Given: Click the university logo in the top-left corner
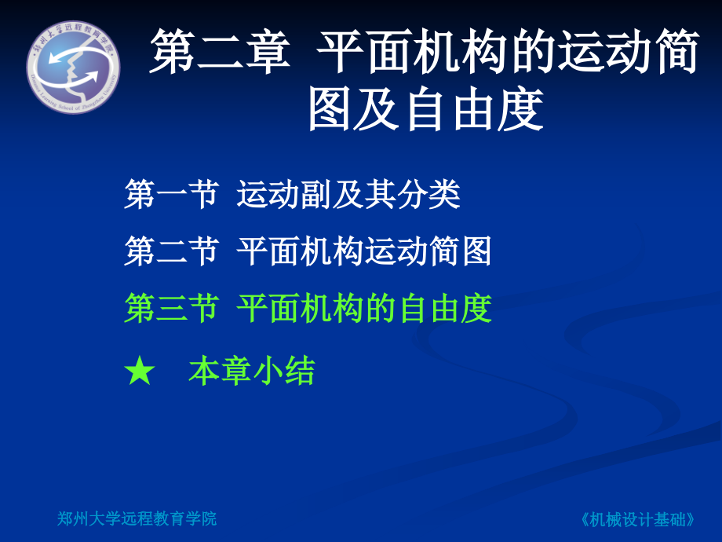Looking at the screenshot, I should pyautogui.click(x=74, y=64).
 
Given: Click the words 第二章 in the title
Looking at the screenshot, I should pyautogui.click(x=219, y=54).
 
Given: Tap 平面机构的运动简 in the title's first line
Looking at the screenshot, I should pyautogui.click(x=505, y=54).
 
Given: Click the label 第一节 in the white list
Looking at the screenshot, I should pyautogui.click(x=170, y=195).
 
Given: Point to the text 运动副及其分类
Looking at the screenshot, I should pyautogui.click(x=348, y=195).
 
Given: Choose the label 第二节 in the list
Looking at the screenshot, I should pyautogui.click(x=170, y=251).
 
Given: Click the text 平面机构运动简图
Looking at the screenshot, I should pyautogui.click(x=364, y=251).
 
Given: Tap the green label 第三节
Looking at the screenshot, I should pyautogui.click(x=170, y=309).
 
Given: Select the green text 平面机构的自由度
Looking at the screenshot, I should pyautogui.click(x=364, y=309).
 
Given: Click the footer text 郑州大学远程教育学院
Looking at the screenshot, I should pyautogui.click(x=137, y=518).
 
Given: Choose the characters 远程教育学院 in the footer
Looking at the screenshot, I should pyautogui.click(x=169, y=518).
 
